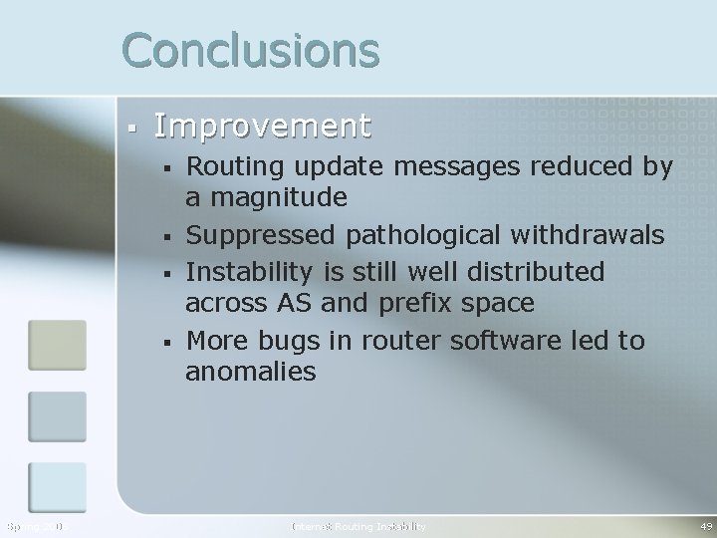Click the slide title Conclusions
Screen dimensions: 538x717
[251, 50]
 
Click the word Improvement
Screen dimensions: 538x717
[263, 127]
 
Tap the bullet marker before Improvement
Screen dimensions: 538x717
[131, 128]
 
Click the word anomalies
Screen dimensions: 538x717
[251, 373]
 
